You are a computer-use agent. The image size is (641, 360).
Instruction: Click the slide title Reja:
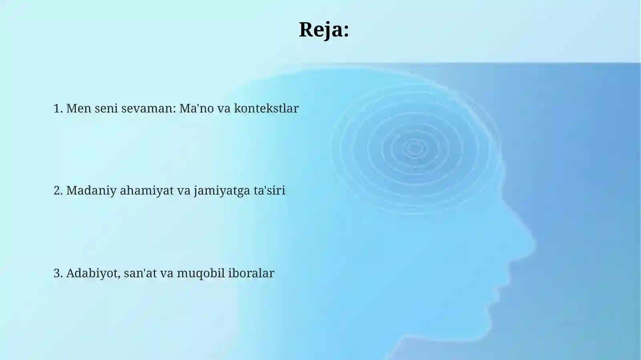[324, 30]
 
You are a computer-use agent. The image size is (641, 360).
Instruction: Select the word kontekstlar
[266, 109]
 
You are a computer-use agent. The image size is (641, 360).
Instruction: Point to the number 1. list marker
[58, 109]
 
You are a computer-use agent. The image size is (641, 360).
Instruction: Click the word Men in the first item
[79, 109]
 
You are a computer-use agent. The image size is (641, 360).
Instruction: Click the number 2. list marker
[58, 191]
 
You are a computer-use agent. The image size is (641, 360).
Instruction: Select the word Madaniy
[91, 191]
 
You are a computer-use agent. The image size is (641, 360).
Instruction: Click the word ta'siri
[269, 191]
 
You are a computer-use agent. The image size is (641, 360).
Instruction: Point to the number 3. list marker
[58, 273]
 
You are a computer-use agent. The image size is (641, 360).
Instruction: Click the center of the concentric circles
[414, 149]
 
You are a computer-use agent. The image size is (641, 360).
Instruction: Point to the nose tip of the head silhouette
[534, 243]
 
